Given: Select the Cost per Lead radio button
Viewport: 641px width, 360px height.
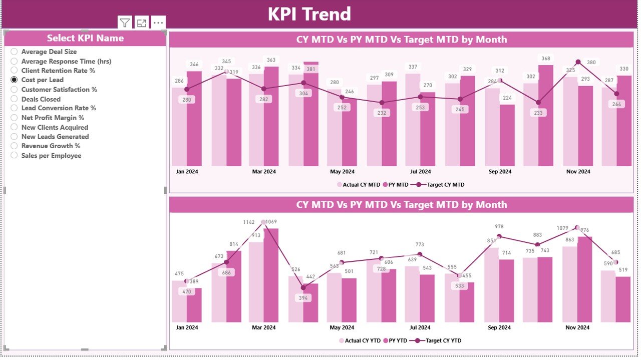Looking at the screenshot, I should (x=15, y=80).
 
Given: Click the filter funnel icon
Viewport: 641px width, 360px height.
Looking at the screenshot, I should (x=125, y=23).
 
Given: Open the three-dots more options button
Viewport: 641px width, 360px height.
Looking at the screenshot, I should (x=158, y=23).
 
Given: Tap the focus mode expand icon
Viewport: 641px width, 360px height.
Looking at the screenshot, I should (x=142, y=23).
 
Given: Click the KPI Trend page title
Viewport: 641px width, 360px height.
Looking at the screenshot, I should (x=309, y=14).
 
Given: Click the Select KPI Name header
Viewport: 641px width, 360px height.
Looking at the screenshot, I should (x=85, y=38).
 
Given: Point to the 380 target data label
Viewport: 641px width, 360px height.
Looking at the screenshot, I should (x=591, y=63).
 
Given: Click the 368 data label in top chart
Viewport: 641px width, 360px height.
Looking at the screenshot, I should (x=546, y=59).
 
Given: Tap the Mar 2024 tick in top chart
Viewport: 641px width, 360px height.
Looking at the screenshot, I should (x=264, y=172).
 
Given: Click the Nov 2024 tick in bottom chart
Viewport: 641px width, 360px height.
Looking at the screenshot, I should (x=578, y=327).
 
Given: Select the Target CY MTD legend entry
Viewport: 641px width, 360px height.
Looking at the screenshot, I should (x=445, y=185).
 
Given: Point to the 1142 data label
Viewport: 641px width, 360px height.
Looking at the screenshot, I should (x=249, y=222).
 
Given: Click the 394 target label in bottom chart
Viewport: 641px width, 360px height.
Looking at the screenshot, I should (x=303, y=298).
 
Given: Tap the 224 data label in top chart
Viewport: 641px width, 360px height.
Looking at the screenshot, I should (x=507, y=98).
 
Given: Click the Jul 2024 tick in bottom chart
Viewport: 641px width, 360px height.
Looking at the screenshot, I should (x=420, y=327).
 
